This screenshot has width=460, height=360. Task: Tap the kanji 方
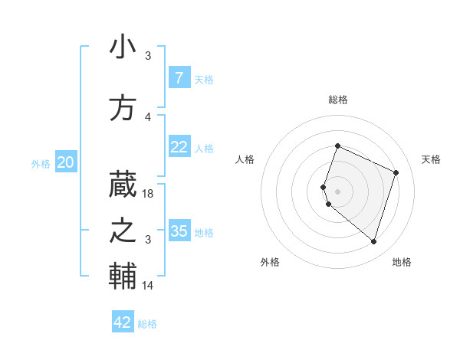pos(123,108)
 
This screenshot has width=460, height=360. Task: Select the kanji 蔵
pos(123,184)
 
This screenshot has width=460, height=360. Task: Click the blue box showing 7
pos(179,77)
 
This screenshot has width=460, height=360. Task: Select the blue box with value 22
pos(179,147)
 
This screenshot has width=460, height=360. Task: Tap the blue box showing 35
pos(179,231)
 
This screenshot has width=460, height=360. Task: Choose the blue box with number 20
pos(66,162)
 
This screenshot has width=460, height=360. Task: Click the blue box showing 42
pos(123,322)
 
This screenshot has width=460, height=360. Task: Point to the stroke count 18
pos(149,194)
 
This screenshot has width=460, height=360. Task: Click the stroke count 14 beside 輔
pos(149,285)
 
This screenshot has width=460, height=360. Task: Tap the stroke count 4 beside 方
pos(148,117)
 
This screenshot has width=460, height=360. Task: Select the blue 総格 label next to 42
pos(147,324)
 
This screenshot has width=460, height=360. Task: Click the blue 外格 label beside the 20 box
pos(41,163)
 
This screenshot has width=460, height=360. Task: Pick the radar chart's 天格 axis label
pos(431,159)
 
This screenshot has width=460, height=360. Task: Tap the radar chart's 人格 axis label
pos(245,159)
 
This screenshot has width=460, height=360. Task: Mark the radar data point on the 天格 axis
pos(396,172)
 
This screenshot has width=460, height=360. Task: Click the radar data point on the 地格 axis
pos(373,241)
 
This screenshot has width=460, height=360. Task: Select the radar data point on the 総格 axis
pos(337,146)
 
